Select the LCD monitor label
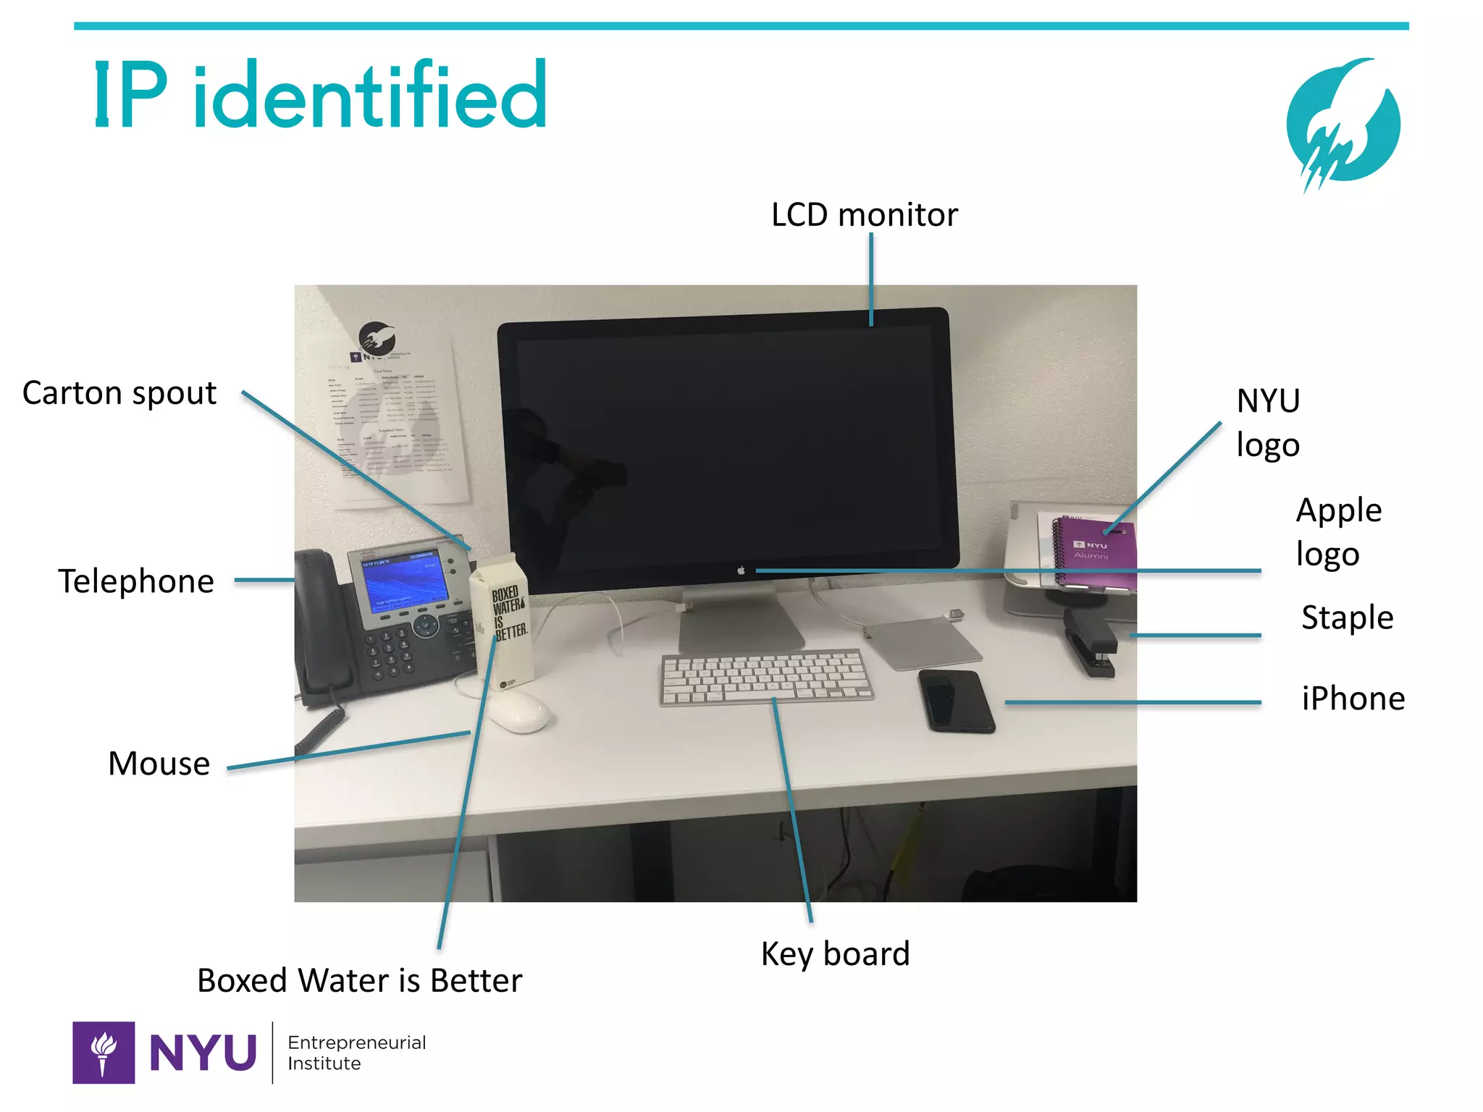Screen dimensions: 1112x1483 pos(864,215)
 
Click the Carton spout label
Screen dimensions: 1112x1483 pos(119,393)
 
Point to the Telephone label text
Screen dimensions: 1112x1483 pos(136,581)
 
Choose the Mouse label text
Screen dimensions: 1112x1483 pos(159,764)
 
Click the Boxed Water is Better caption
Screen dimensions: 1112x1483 pos(359,981)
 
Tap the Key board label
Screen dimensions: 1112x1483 pos(835,954)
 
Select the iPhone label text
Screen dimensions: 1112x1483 pos(1353,699)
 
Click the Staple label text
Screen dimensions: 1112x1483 pos(1347,618)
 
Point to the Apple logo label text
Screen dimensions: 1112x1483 pos(1338,532)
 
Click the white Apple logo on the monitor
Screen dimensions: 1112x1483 pos(741,571)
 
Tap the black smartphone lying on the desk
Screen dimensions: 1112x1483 pos(955,700)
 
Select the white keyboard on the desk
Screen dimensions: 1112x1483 pos(766,676)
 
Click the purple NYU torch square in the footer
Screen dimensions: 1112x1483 pos(104,1053)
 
